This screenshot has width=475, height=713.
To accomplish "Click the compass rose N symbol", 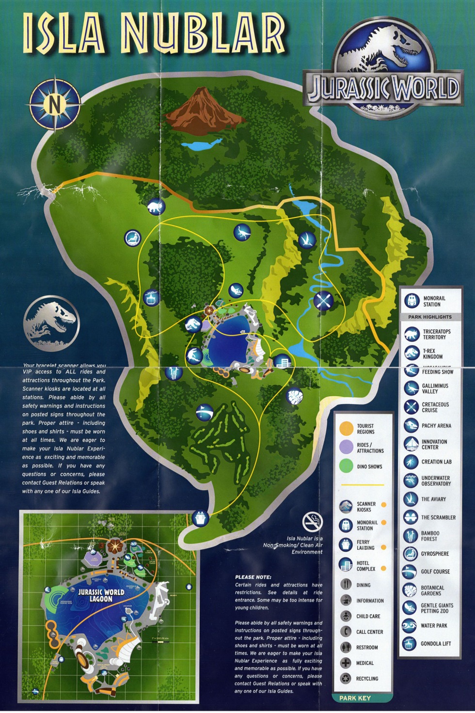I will click(x=55, y=104).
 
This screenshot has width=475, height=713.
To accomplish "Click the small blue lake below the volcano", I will click(x=201, y=144).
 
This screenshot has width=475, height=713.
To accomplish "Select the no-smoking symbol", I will click(x=312, y=522).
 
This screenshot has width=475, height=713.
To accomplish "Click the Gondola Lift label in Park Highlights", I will click(x=436, y=644).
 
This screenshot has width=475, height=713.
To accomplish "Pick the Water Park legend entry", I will click(x=434, y=626).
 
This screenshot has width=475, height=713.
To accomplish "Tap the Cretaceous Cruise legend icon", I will click(x=412, y=407).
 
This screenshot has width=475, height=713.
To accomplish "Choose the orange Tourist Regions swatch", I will click(x=346, y=429).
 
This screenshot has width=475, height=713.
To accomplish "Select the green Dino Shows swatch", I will click(x=346, y=466).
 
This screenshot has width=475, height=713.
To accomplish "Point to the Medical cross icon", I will click(x=346, y=663).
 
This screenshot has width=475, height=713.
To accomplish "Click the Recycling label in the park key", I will click(x=367, y=679).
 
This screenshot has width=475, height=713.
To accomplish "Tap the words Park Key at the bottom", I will click(x=355, y=698).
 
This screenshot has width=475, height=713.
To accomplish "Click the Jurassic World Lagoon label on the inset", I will click(x=101, y=595).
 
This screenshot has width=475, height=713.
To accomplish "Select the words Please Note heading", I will click(x=253, y=577).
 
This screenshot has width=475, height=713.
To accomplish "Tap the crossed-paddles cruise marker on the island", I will click(x=323, y=301).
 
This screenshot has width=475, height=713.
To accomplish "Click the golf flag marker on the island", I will click(x=205, y=413).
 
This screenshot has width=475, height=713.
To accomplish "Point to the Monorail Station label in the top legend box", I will click(x=434, y=301).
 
